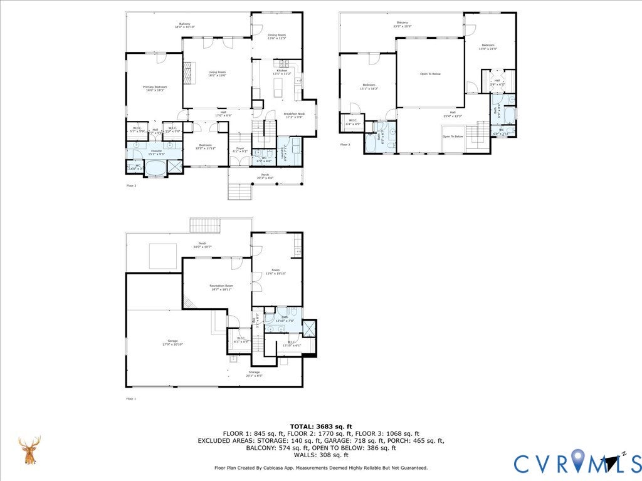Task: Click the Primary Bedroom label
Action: [x=155, y=87]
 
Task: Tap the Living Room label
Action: [x=217, y=73]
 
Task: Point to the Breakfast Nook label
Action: [x=293, y=114]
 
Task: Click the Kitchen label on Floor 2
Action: [x=282, y=71]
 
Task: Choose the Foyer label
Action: [x=239, y=148]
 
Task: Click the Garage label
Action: [x=172, y=341]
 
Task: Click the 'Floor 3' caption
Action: [x=345, y=145]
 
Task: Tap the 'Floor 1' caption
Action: [x=131, y=398]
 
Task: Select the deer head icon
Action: [x=29, y=450]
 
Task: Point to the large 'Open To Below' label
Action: [x=430, y=74]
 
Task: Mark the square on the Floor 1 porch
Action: [x=162, y=256]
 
